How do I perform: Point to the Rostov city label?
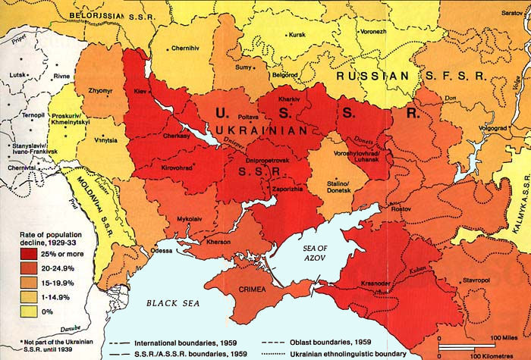click(400, 208)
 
